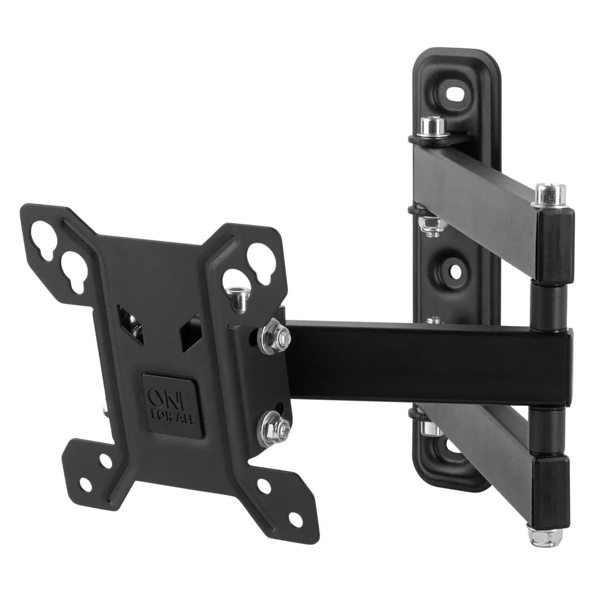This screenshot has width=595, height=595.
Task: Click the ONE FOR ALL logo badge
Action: tap(173, 405)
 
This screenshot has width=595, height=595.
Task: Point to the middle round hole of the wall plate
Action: tap(455, 271)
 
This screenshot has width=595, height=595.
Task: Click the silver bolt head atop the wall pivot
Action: tap(433, 127)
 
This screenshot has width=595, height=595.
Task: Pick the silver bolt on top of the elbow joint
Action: tap(549, 195)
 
